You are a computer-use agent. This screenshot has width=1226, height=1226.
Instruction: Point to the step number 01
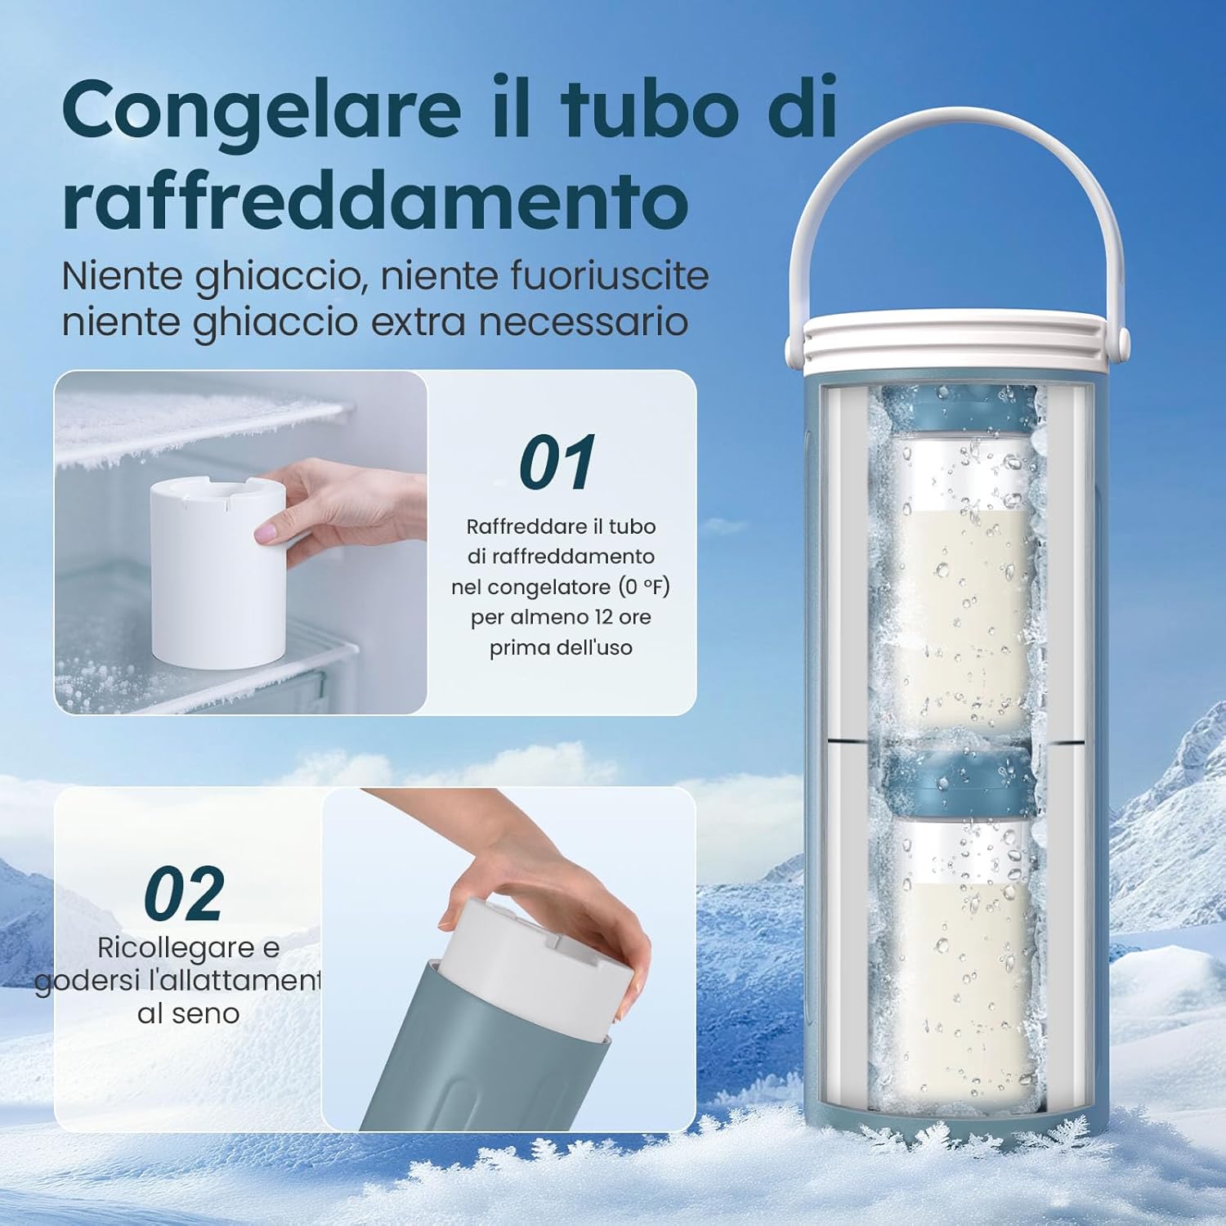point(557,463)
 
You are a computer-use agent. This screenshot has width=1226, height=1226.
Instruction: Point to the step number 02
point(184,894)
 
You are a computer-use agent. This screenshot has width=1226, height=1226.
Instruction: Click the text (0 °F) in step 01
point(644,587)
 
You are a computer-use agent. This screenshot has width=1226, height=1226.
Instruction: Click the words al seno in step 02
point(188,1013)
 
